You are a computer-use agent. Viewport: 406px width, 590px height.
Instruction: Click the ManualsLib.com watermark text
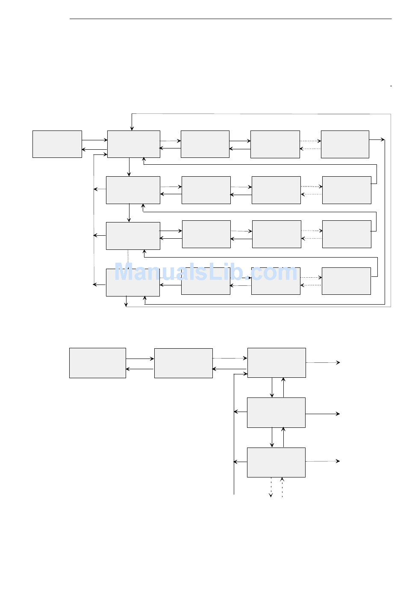point(206,272)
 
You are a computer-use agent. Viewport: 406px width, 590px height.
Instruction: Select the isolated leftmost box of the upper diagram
point(57,144)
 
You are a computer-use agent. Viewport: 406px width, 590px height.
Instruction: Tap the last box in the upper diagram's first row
point(345,144)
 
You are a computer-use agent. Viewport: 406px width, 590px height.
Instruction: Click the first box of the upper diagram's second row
point(133,190)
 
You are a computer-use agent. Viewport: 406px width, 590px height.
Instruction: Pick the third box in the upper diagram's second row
point(276,190)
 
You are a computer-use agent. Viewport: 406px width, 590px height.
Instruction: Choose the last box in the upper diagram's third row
point(347,234)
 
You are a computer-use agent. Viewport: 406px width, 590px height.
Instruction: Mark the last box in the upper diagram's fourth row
point(346,281)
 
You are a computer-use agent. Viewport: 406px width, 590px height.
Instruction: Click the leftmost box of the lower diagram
point(97,363)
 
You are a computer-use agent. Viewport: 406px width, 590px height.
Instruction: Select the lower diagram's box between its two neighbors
point(183,363)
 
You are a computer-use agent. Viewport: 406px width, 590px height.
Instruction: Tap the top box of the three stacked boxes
point(277,363)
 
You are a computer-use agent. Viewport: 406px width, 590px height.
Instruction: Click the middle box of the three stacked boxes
point(276,412)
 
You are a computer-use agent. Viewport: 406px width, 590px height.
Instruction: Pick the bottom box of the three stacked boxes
point(276,462)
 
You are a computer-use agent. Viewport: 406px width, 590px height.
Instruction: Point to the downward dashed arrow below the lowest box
point(271,488)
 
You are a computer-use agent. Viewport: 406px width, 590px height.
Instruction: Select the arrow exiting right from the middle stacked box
point(323,414)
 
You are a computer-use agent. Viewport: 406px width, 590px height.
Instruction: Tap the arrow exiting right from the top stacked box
point(323,362)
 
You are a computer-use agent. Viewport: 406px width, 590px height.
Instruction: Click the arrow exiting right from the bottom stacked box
point(323,461)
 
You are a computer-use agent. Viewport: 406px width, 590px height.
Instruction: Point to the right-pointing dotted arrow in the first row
point(310,141)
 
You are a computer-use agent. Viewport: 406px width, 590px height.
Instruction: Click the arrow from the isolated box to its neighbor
point(94,140)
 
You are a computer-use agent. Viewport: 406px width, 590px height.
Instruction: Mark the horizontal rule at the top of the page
point(231,19)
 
